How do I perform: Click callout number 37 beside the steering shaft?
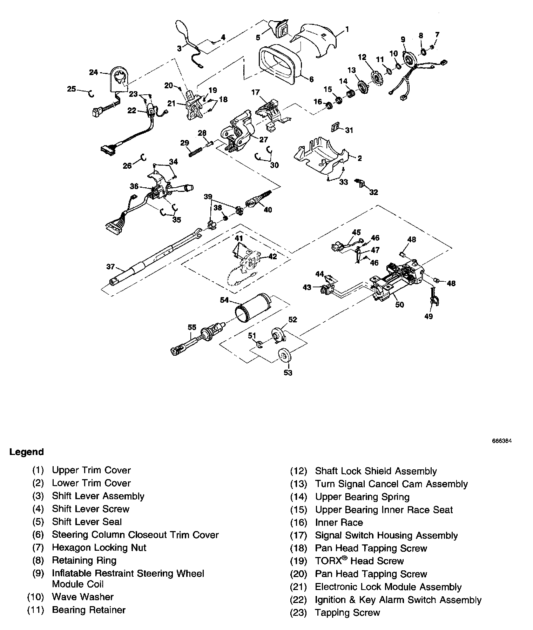click(110, 267)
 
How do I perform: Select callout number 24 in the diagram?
click(93, 73)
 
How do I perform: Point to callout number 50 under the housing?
click(400, 304)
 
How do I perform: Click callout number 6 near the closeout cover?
click(311, 80)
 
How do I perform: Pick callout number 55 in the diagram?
click(192, 327)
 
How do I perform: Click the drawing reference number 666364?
click(502, 441)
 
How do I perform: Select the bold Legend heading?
click(27, 452)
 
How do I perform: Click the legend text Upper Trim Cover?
click(91, 470)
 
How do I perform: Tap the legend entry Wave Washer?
click(83, 597)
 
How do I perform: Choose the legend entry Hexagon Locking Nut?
click(99, 547)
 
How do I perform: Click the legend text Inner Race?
click(339, 522)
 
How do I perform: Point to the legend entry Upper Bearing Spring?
click(362, 497)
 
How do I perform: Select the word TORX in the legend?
click(328, 561)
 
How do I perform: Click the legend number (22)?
click(298, 600)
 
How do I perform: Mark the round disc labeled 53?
click(285, 355)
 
